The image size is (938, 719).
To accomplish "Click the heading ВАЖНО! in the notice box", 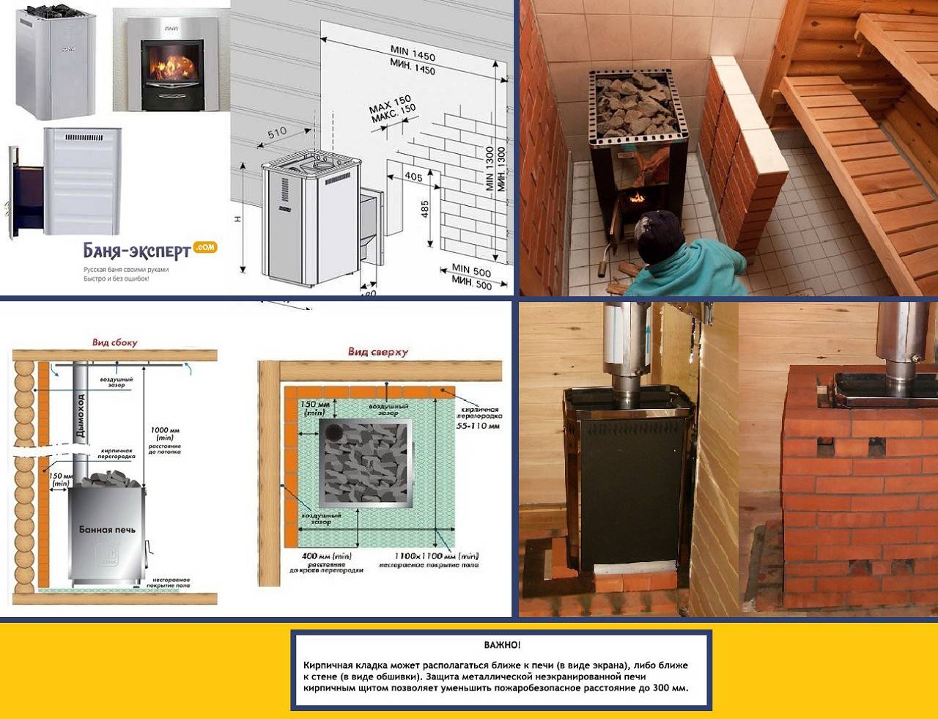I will click(x=502, y=645).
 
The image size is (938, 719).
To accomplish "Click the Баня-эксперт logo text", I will click(x=137, y=252).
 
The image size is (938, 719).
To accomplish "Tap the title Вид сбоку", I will click(x=115, y=342).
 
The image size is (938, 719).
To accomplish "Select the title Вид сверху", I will click(x=378, y=352).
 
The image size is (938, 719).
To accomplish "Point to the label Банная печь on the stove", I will click(x=107, y=529).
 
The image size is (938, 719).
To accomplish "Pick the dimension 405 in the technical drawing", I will click(x=413, y=176).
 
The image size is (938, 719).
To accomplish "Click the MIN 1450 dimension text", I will click(x=413, y=54).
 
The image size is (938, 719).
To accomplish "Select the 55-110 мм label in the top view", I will click(x=478, y=425).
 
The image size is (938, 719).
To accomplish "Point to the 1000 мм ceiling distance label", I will click(x=165, y=430).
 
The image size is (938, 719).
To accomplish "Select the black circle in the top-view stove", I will click(x=333, y=432).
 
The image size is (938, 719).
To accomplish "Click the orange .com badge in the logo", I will click(x=205, y=247).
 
